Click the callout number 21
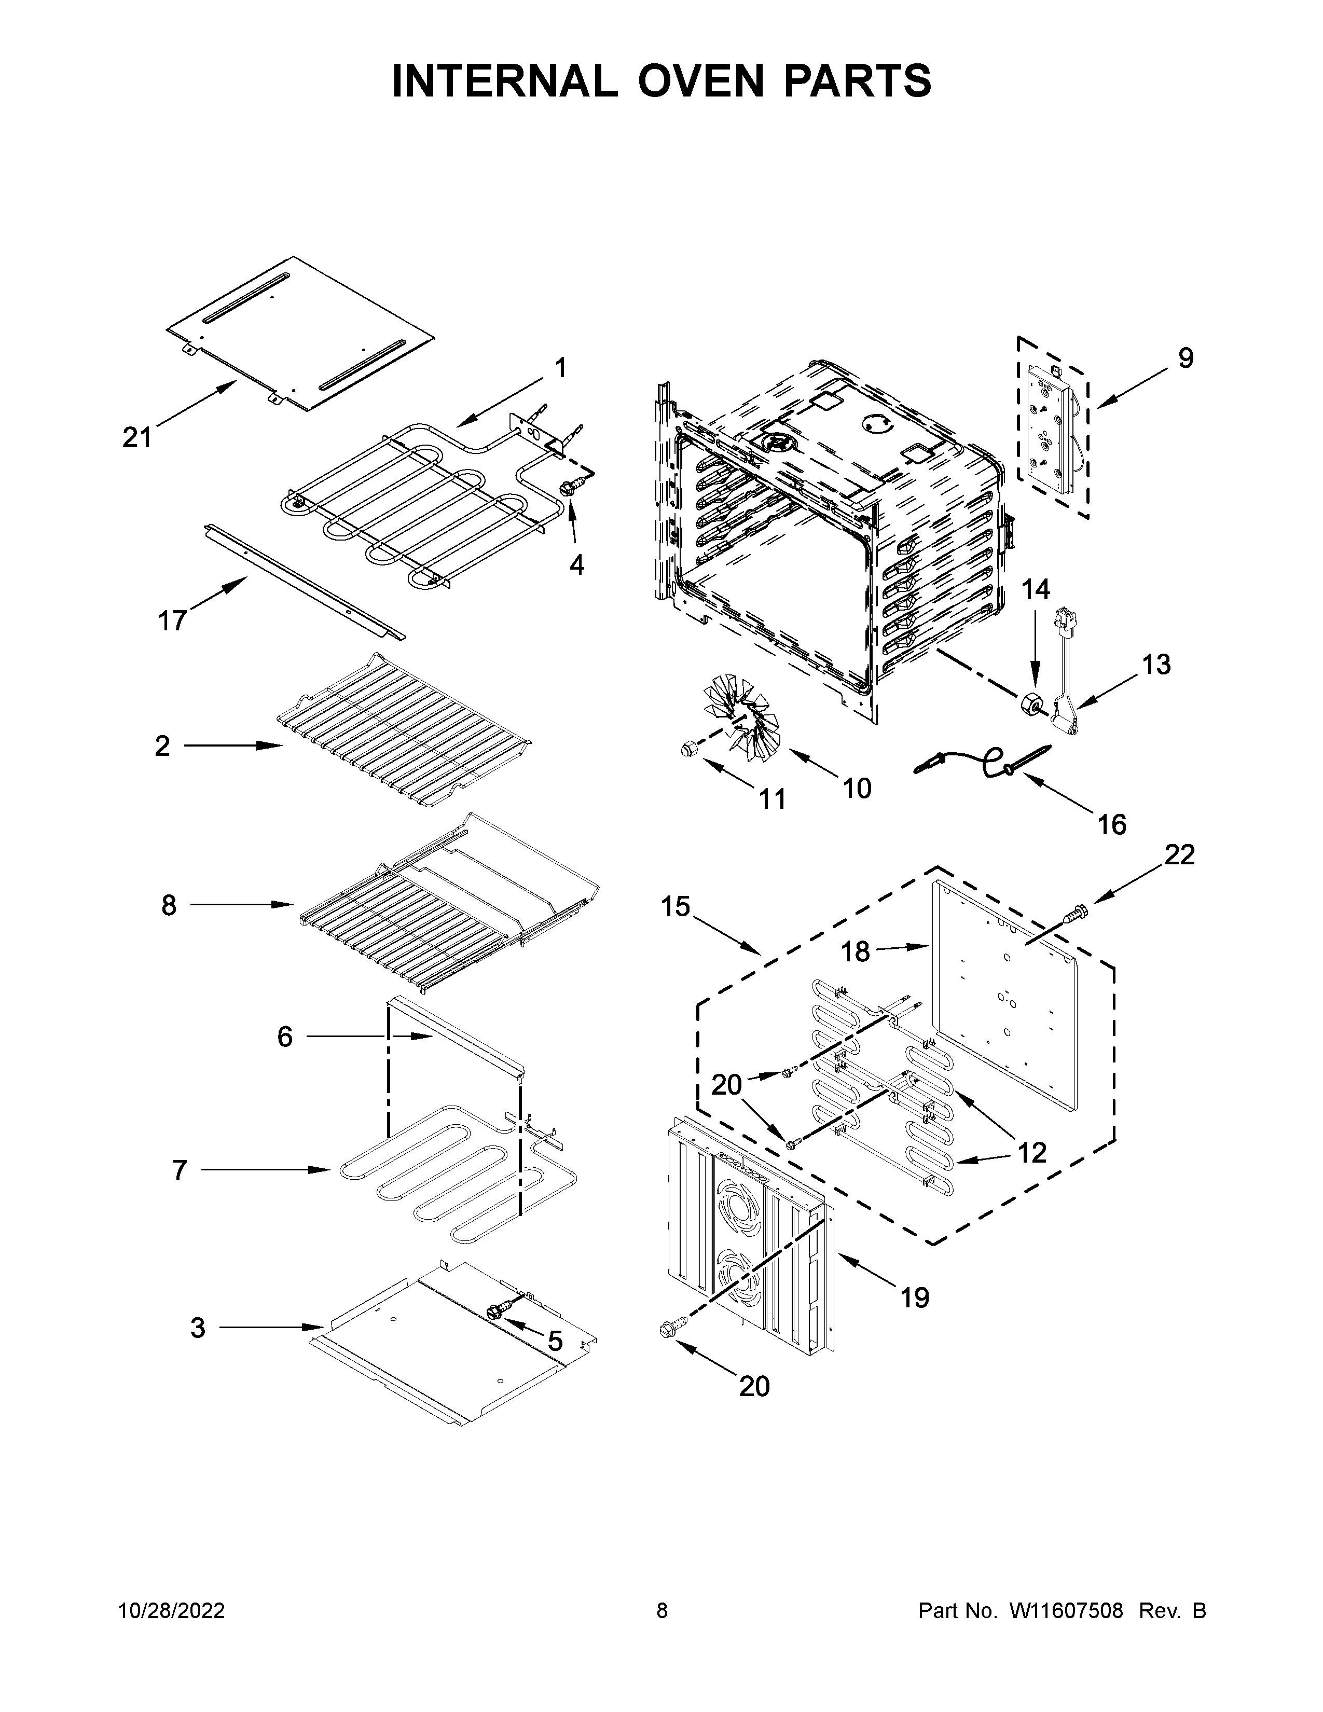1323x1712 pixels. click(136, 437)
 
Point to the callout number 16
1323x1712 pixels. click(1111, 825)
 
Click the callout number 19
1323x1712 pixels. click(914, 1297)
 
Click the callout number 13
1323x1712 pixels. click(1156, 664)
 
